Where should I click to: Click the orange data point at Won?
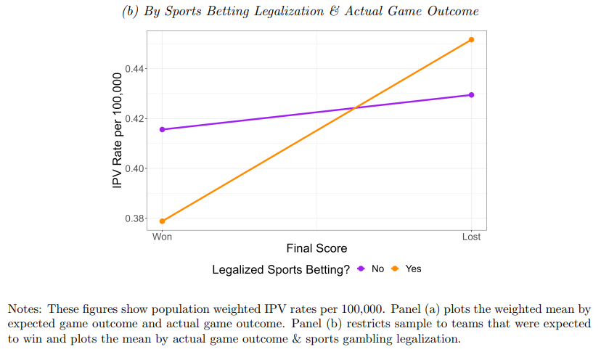pos(162,221)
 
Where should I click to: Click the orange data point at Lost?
pos(472,40)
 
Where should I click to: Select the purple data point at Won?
pos(162,129)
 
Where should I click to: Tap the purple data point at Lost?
pos(472,95)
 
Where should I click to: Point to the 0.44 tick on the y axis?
pos(136,69)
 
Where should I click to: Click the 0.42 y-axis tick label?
pos(136,119)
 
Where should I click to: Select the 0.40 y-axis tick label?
pos(136,168)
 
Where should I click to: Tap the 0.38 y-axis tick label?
pos(136,218)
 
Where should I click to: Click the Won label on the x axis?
pos(162,237)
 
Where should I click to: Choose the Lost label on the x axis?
pos(472,237)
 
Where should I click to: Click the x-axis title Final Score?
pos(316,248)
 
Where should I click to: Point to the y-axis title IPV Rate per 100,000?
pos(118,132)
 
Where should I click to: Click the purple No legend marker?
pos(361,269)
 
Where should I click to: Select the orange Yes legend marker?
pos(395,269)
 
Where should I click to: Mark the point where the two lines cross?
pos(354,108)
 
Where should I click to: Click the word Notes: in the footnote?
pos(25,308)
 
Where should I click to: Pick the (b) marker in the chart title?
pos(128,12)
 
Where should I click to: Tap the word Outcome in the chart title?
pos(453,12)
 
